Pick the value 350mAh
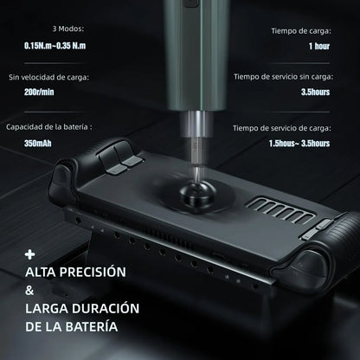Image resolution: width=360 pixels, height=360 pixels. click(x=40, y=144)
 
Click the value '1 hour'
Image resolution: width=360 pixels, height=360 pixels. click(x=318, y=46)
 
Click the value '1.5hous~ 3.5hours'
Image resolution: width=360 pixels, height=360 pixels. click(x=297, y=144)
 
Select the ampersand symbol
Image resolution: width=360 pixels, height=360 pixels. click(x=29, y=292)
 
